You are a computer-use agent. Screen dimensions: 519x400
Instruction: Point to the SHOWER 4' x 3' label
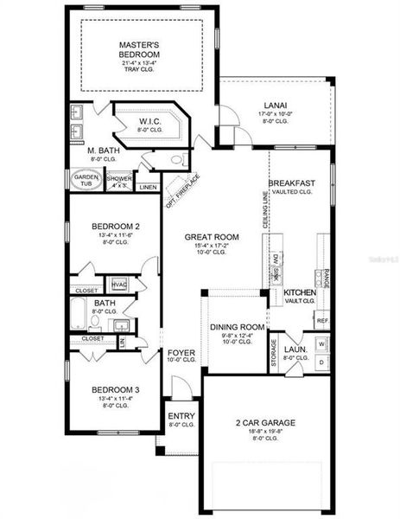119,181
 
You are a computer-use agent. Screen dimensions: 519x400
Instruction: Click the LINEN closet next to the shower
148,186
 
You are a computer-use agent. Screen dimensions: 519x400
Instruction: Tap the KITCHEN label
300,293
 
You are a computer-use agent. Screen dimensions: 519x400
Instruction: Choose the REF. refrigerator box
321,320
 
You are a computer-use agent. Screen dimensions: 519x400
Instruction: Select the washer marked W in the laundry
321,343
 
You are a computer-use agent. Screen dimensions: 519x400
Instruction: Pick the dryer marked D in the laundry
321,360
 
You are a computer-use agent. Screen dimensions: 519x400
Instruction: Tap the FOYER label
181,353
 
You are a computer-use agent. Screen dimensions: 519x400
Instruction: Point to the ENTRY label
181,416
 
